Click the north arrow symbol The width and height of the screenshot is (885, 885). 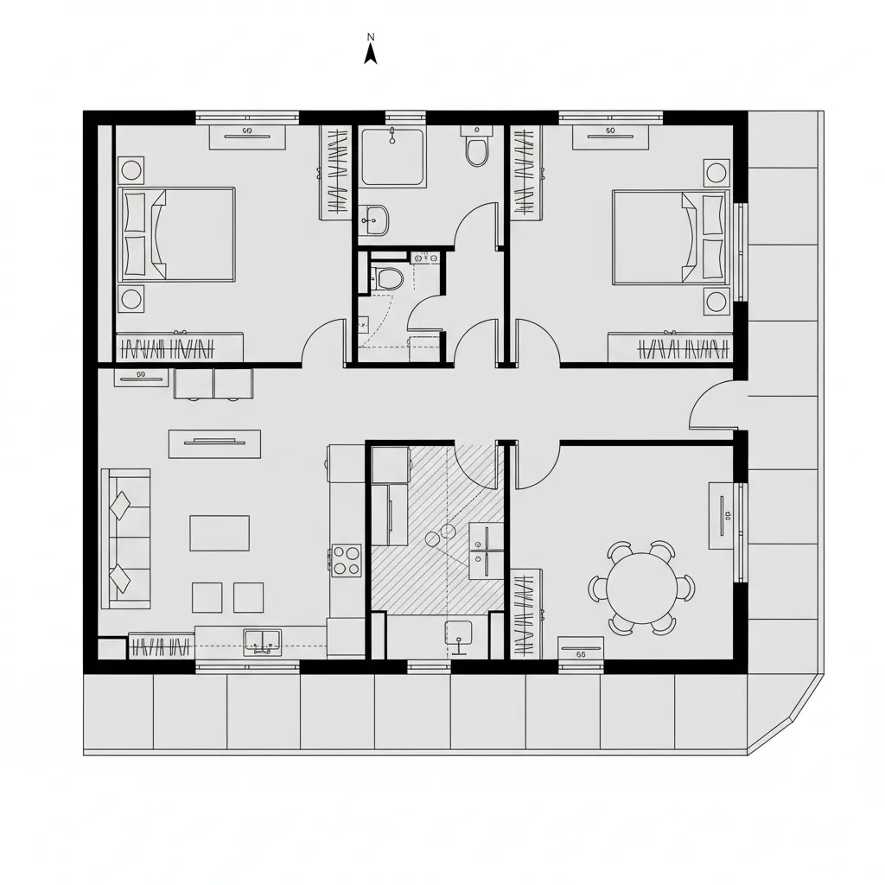[x=371, y=54]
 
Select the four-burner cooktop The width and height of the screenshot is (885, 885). [x=347, y=559]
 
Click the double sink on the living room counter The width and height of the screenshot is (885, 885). [x=262, y=640]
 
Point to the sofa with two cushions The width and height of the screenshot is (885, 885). [x=126, y=538]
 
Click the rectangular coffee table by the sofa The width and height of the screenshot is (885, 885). [x=220, y=532]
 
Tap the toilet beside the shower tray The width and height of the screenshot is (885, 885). [x=476, y=147]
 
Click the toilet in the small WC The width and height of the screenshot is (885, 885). [x=388, y=278]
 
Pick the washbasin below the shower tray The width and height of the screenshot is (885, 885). [x=374, y=220]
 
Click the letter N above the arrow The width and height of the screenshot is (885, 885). [x=371, y=36]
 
